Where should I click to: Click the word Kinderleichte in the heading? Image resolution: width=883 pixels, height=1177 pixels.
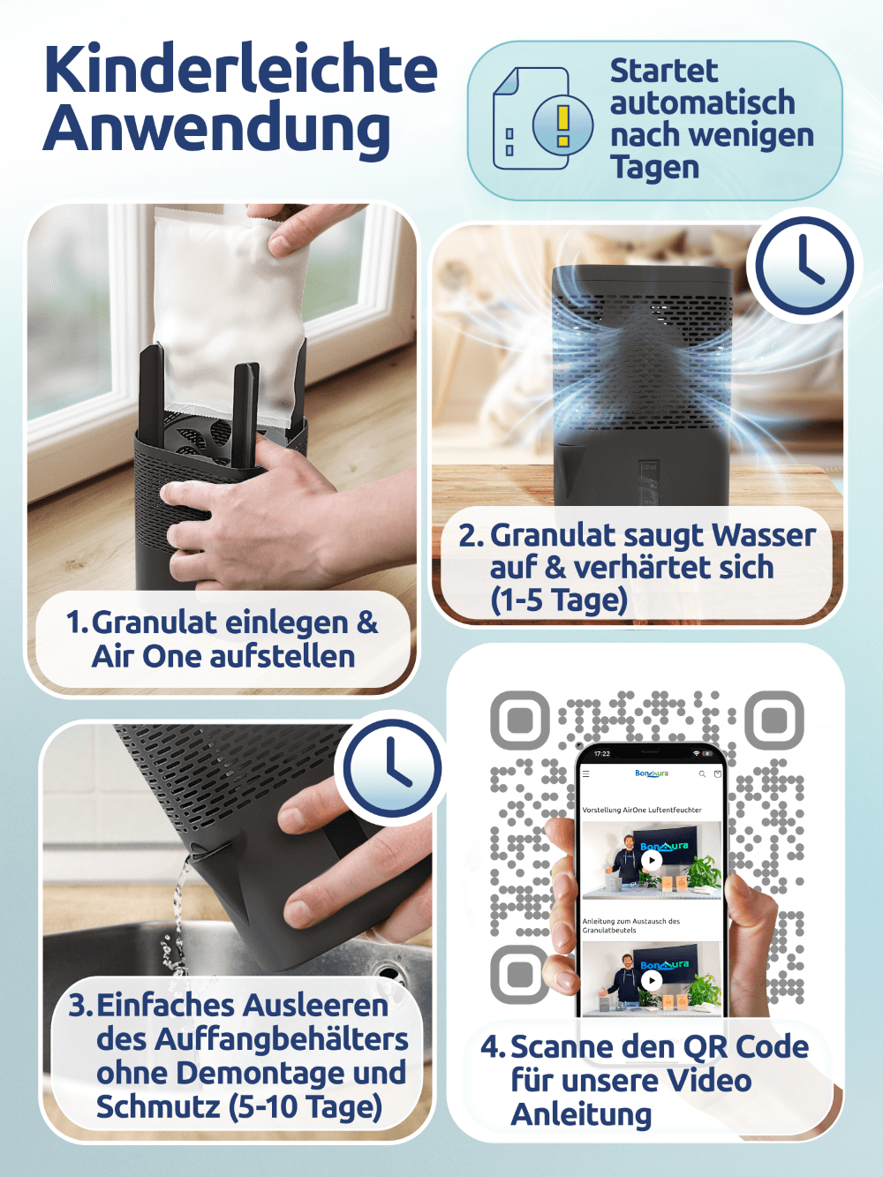click(240, 69)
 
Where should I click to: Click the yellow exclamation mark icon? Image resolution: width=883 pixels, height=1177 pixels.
click(563, 125)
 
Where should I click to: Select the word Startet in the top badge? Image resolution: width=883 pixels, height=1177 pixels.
click(664, 71)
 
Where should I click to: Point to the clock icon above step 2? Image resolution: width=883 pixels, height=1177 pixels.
click(804, 266)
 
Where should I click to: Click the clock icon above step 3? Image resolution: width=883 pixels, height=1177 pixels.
click(392, 768)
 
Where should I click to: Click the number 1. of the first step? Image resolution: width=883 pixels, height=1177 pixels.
click(77, 622)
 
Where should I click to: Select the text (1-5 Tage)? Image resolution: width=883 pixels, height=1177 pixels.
click(558, 599)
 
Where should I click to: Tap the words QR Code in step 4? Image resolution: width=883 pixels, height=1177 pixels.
click(735, 1046)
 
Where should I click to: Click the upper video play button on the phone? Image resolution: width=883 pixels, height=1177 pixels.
click(652, 861)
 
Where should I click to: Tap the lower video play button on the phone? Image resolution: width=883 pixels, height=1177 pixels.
click(652, 981)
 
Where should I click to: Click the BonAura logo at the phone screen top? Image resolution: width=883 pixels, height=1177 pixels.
click(652, 773)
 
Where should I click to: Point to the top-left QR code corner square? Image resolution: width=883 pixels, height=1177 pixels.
click(520, 720)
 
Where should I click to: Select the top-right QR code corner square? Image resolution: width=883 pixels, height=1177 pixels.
click(774, 720)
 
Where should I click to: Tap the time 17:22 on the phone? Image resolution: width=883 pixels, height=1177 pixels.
click(602, 754)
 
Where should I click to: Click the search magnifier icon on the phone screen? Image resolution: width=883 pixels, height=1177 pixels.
click(702, 773)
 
